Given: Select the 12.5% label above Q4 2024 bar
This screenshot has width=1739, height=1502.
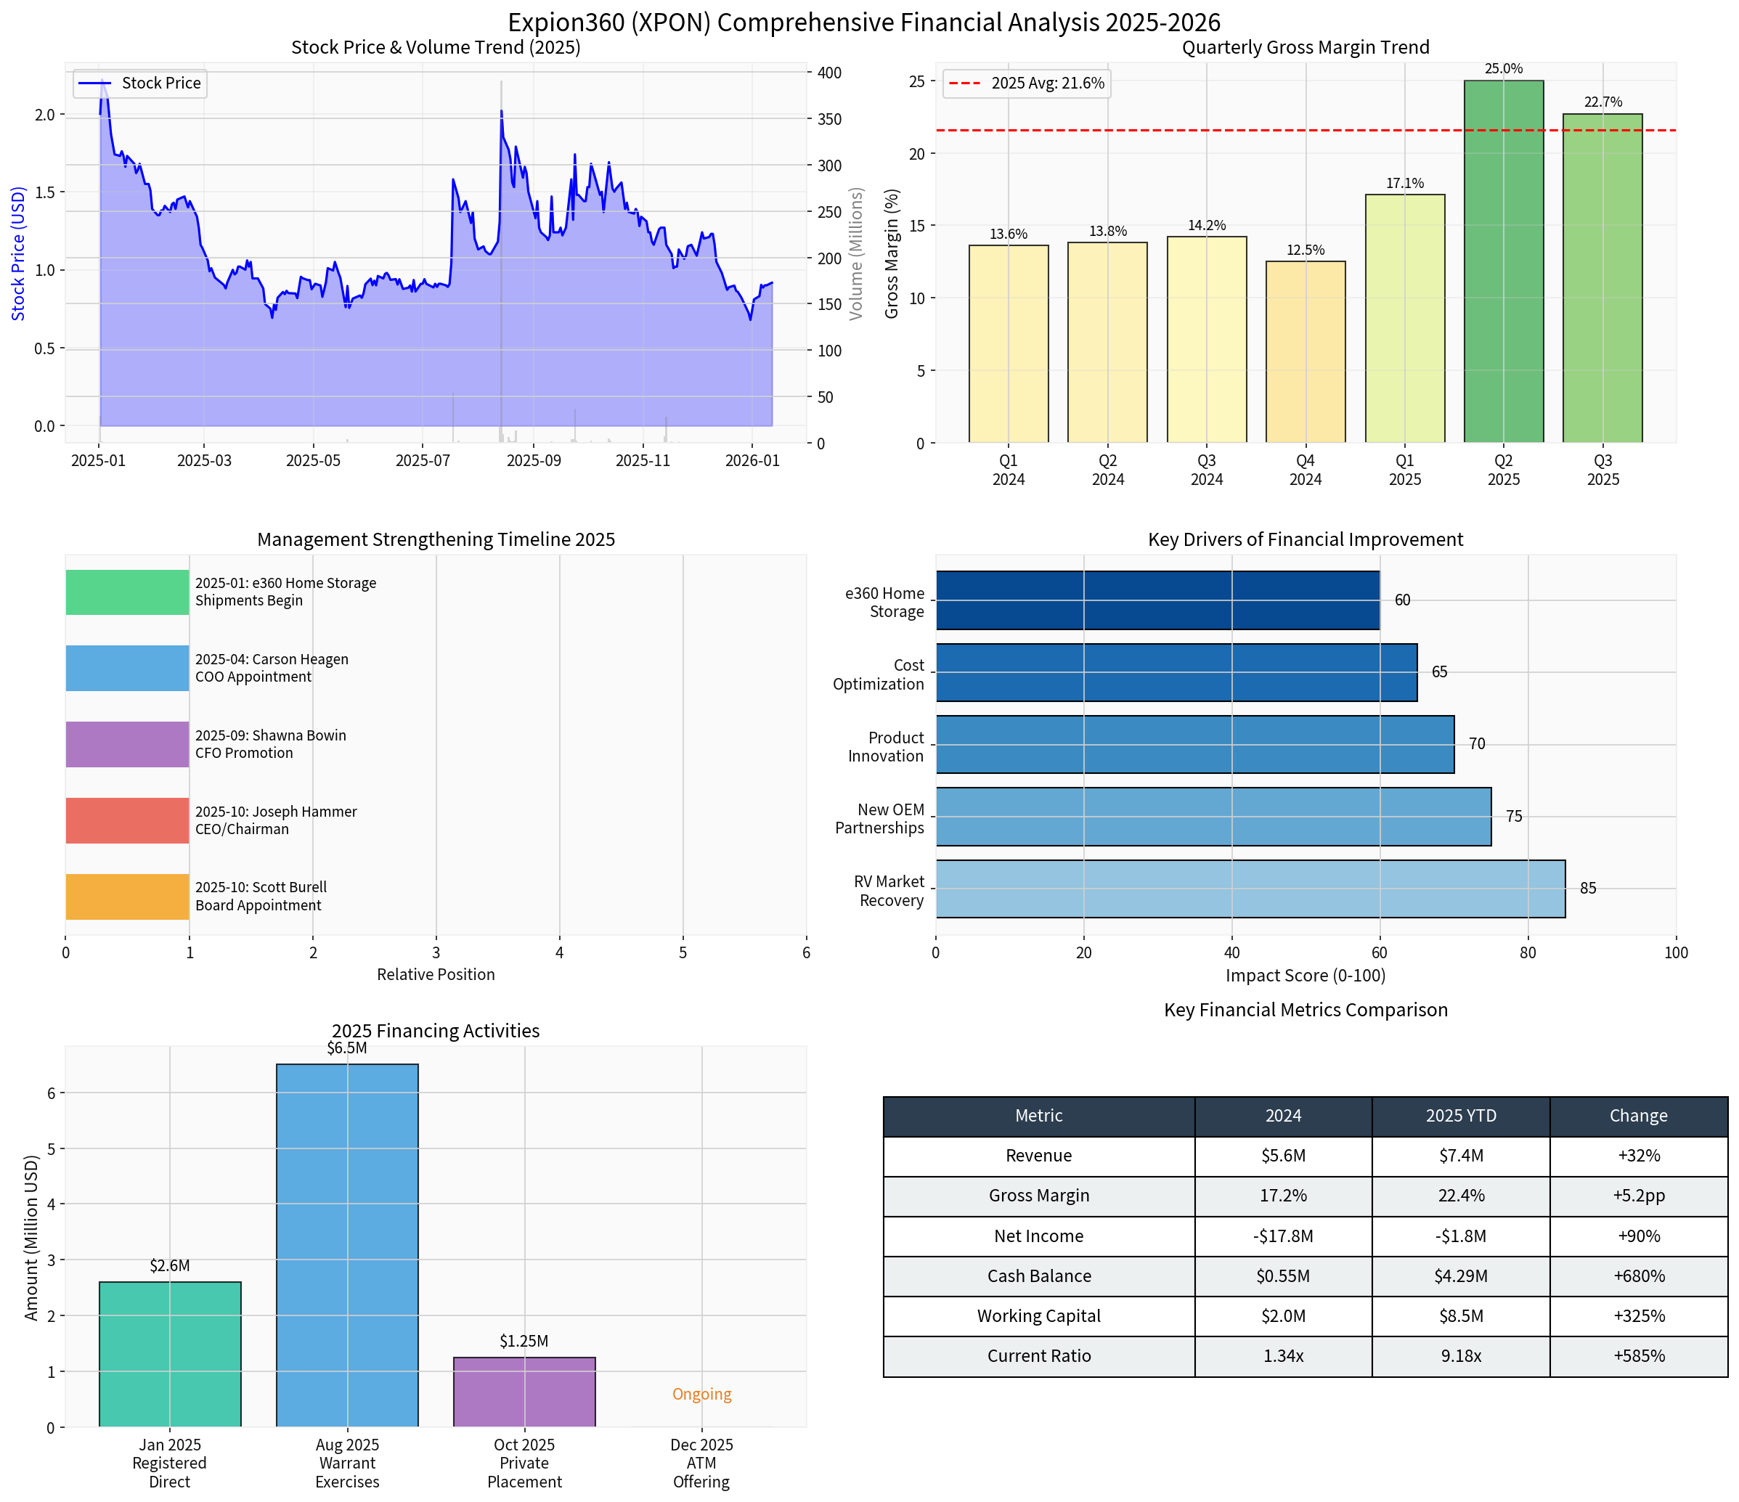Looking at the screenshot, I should click(1305, 250).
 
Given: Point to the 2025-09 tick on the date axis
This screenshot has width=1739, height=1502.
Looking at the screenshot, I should click(534, 461).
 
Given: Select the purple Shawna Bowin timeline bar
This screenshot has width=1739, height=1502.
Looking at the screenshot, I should click(128, 744).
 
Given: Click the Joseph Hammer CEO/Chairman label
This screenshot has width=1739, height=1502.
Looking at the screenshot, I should click(276, 820).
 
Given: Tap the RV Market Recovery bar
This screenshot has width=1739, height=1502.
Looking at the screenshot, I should click(1250, 889).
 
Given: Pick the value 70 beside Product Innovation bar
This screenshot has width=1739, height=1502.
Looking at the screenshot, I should click(1477, 744).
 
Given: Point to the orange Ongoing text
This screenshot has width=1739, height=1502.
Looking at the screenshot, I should click(701, 1394).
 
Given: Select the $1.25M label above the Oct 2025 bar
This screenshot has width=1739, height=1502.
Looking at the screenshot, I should click(524, 1341).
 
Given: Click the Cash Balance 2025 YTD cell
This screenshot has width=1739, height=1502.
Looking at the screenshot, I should click(1460, 1276).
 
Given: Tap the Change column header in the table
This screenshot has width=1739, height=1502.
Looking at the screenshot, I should click(1638, 1116).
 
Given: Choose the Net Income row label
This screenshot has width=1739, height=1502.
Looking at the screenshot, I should click(1038, 1236).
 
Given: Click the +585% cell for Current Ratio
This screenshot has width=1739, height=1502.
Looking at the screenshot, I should click(1638, 1356).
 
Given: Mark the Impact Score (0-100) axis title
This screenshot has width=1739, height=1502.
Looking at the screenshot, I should click(1305, 975).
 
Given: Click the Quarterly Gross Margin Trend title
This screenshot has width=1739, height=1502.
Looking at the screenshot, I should click(1305, 47).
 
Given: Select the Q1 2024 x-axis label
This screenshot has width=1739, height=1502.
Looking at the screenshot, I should click(1008, 470).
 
